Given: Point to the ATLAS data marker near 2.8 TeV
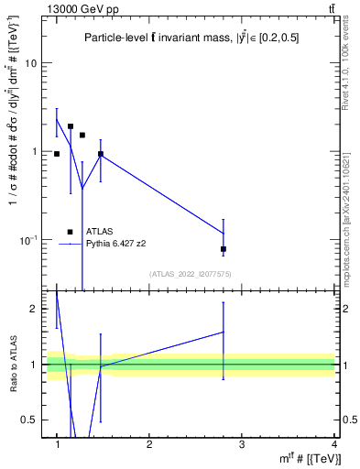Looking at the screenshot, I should [224, 249].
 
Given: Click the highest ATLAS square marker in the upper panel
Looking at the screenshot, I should [71, 126].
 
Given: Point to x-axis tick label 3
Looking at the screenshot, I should [241, 443].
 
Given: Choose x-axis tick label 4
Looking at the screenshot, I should [333, 443].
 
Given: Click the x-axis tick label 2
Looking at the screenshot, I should [149, 443].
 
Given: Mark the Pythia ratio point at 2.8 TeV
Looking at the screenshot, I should [224, 332].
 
